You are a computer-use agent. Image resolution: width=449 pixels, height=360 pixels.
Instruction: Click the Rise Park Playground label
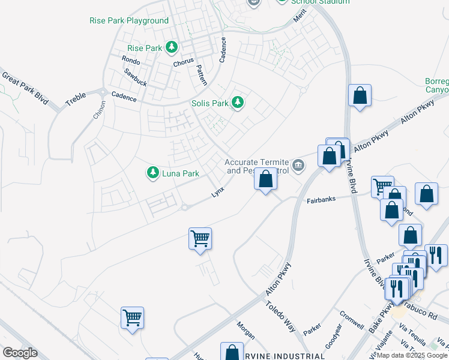click(129, 20)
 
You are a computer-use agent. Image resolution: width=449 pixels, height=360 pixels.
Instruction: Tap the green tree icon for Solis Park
click(238, 103)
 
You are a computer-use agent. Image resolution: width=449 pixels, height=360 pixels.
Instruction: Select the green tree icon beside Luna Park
click(153, 173)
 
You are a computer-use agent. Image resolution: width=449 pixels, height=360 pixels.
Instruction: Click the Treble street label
click(76, 98)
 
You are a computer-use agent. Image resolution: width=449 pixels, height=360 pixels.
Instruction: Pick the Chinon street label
click(99, 110)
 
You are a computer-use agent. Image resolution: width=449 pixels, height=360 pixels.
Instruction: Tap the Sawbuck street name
click(135, 76)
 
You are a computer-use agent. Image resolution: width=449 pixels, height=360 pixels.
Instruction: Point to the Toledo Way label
click(281, 317)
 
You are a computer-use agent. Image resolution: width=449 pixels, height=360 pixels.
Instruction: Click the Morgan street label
click(246, 329)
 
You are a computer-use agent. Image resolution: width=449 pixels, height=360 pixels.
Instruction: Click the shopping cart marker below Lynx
click(200, 238)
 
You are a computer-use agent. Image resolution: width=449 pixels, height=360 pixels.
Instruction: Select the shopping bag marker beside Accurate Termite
click(265, 179)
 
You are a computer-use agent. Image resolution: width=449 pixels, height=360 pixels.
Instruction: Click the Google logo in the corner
click(20, 353)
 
